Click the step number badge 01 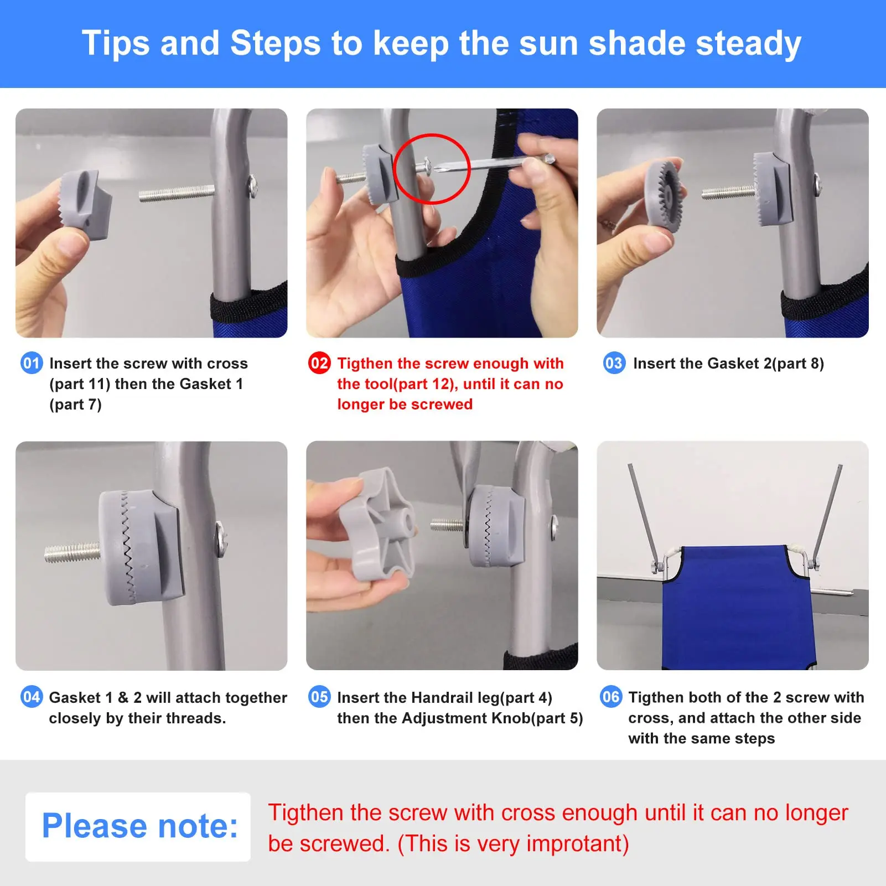pyautogui.click(x=32, y=363)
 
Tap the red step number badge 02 pyautogui.click(x=319, y=363)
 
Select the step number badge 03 pyautogui.click(x=614, y=363)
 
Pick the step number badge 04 pyautogui.click(x=32, y=697)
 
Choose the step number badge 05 pyautogui.click(x=319, y=697)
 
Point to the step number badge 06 pyautogui.click(x=611, y=697)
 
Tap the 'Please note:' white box pyautogui.click(x=138, y=827)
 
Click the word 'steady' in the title pyautogui.click(x=748, y=44)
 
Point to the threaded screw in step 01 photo pyautogui.click(x=177, y=193)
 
